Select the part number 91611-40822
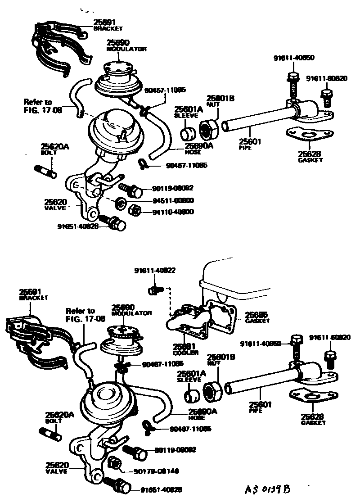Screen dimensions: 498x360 pos(154,271)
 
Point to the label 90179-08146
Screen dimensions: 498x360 pos(156,471)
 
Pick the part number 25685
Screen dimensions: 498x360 pos(257,315)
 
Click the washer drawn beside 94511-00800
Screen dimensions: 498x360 pos(121,203)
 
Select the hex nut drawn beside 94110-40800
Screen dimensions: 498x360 pos(134,209)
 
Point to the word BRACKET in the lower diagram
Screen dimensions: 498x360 pos(34,298)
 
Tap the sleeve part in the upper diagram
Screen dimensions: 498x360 pos(187,134)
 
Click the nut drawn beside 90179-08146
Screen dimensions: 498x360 pos(114,462)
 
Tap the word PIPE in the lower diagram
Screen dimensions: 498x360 pos(256,411)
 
